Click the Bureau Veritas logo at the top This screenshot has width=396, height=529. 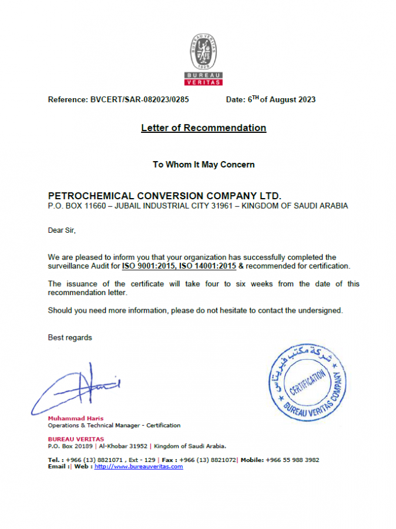(203, 59)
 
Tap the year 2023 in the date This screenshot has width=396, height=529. (303, 99)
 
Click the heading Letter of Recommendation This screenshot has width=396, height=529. (203, 128)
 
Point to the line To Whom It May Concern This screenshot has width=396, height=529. (203, 165)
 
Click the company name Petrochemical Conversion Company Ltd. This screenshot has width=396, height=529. (165, 195)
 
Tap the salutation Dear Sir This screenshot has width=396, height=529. (62, 230)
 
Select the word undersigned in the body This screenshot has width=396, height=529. (321, 310)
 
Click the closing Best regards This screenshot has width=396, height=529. (70, 337)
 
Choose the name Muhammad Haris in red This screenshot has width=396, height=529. (68, 418)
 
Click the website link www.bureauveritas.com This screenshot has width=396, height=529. (139, 467)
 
